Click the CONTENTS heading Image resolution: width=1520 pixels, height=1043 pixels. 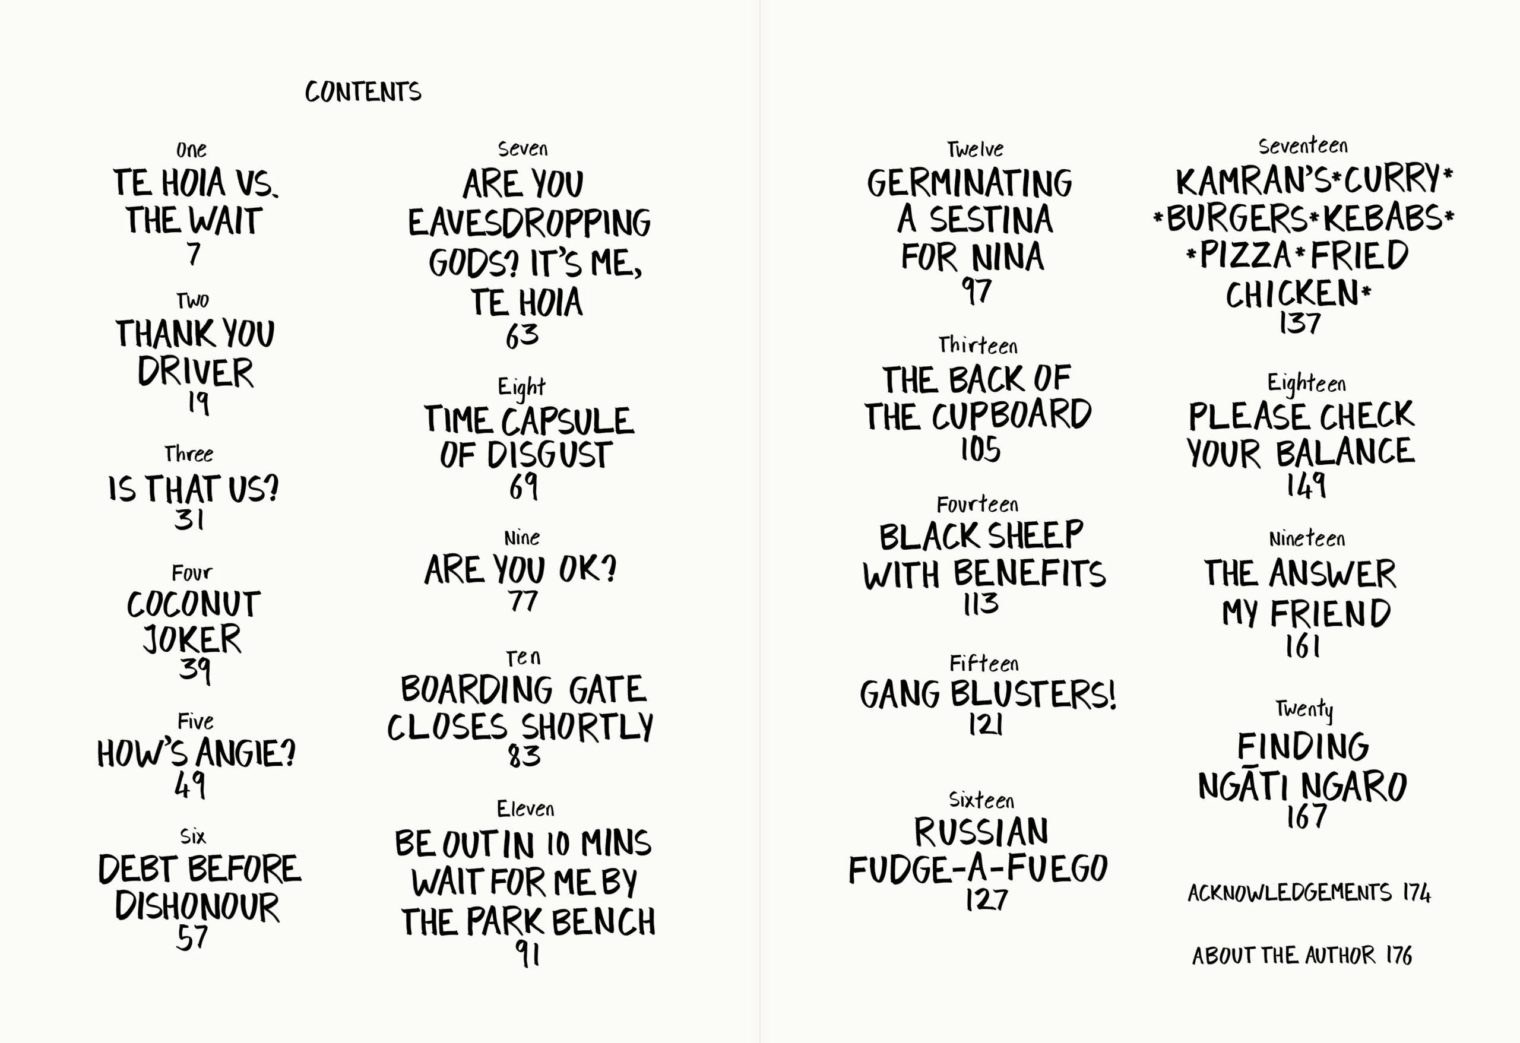[x=363, y=91]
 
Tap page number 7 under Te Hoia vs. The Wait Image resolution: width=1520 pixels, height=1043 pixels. [x=194, y=253]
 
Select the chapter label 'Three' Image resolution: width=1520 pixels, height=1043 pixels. [x=189, y=454]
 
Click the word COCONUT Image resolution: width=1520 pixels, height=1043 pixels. [x=194, y=604]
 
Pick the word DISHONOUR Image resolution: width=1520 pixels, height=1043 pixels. [x=197, y=907]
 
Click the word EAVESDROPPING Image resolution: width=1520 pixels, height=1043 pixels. [x=529, y=223]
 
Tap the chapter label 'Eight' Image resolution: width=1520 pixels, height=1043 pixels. [x=521, y=386]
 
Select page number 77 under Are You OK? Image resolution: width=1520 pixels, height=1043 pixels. [x=523, y=601]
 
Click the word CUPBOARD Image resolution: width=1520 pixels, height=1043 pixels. [x=1012, y=414]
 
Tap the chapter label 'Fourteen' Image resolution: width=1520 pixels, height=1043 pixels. [x=978, y=504]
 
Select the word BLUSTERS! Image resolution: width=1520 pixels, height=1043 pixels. [x=1033, y=694]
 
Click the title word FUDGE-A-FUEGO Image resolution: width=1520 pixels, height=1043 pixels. [x=978, y=869]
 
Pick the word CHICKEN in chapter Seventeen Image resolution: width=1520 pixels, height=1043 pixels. [x=1292, y=294]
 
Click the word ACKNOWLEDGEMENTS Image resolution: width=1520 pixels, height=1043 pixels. [x=1290, y=893]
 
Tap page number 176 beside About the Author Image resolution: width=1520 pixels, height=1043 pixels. [x=1399, y=955]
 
